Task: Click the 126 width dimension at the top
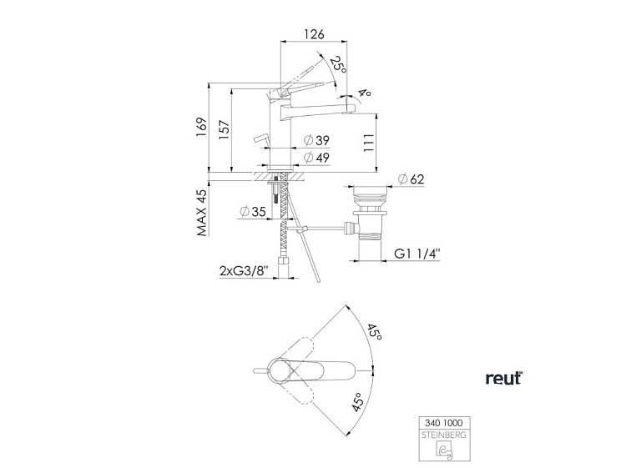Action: [314, 34]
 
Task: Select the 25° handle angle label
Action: [338, 64]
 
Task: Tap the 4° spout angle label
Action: [364, 93]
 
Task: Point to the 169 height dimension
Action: [201, 127]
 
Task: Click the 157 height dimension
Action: [225, 129]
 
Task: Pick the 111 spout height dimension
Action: [369, 143]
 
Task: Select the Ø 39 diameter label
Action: [316, 140]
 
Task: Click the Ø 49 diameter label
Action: [316, 158]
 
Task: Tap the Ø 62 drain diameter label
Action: [411, 179]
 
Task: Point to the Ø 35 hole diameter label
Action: [253, 211]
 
